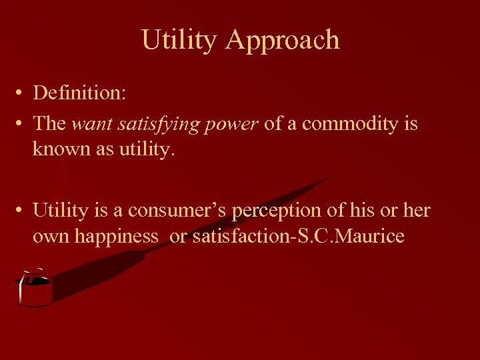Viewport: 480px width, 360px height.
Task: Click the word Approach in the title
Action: [x=283, y=41]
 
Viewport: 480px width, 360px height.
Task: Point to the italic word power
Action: [x=235, y=124]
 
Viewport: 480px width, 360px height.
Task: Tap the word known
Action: [x=56, y=149]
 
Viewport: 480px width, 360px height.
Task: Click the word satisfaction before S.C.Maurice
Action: [x=239, y=235]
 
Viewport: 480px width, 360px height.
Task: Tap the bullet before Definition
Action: [x=22, y=93]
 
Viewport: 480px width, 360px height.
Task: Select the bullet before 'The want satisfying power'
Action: [x=22, y=124]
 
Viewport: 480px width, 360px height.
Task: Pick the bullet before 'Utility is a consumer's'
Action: [x=22, y=211]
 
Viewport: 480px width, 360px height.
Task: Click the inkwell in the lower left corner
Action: [x=34, y=288]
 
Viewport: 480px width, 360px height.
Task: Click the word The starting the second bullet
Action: [x=49, y=124]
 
